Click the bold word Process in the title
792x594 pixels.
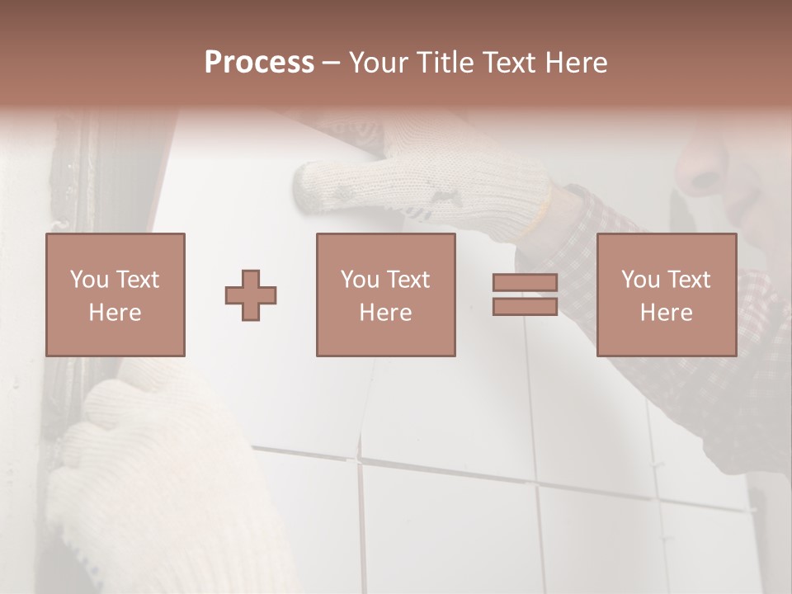[259, 63]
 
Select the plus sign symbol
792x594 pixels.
[251, 295]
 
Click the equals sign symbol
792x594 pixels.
[525, 295]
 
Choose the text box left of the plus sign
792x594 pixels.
[115, 295]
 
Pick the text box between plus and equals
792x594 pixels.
[386, 295]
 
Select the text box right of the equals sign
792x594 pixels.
[667, 295]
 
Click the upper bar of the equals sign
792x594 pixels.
[525, 283]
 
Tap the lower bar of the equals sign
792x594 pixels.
[525, 307]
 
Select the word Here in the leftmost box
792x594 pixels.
[115, 313]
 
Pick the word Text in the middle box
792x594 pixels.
[410, 280]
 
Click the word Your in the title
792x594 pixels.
[376, 63]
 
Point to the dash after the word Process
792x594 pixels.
[332, 63]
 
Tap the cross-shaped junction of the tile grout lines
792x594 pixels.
[361, 459]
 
